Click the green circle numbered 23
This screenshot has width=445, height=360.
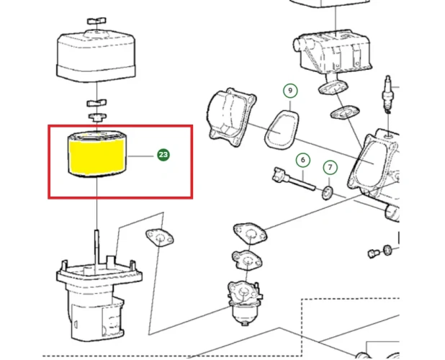163,154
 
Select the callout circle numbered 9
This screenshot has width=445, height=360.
289,91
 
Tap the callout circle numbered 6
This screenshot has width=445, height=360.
302,160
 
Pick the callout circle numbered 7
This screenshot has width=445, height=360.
330,168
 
